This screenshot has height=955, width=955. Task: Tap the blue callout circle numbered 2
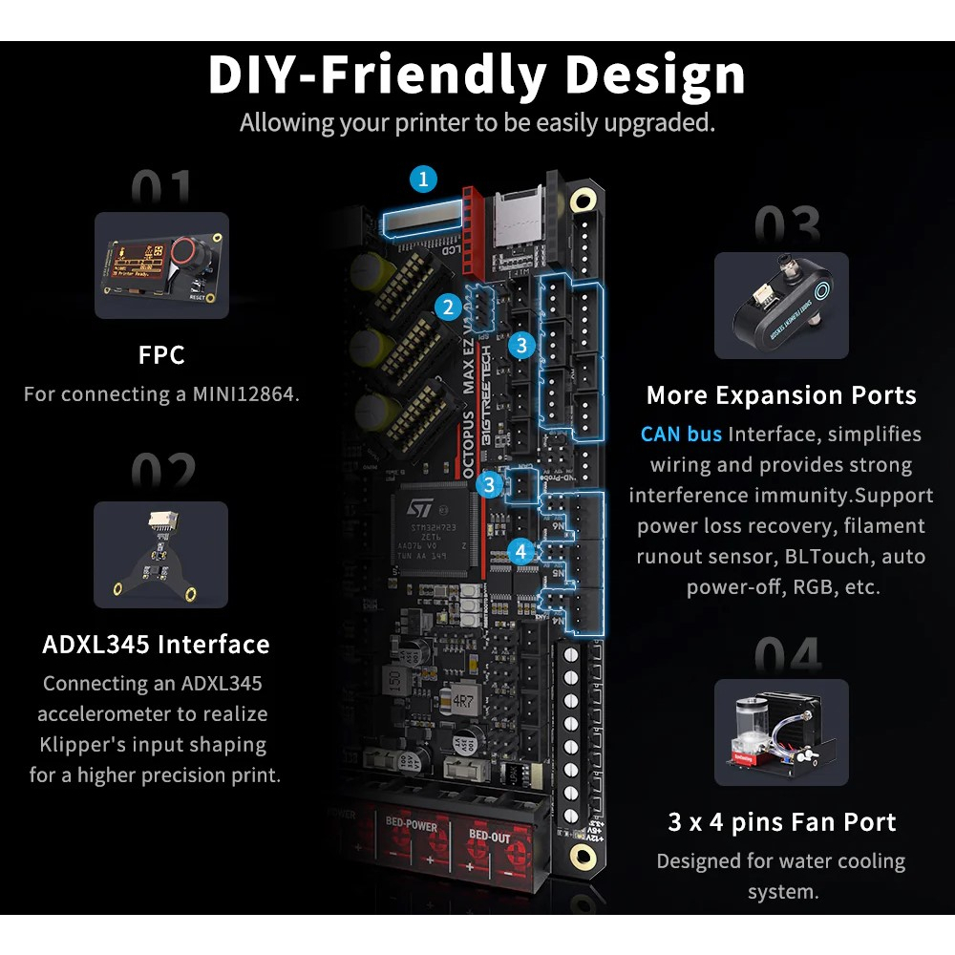coord(447,307)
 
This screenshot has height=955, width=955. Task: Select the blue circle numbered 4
coord(520,551)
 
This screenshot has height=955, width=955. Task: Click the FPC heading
coord(161,356)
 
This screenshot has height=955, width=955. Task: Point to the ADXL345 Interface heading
coord(156,644)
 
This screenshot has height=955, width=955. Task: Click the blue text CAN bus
coord(682,434)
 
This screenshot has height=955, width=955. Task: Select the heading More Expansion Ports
coord(781,395)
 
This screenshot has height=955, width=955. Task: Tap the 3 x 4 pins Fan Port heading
coord(782,822)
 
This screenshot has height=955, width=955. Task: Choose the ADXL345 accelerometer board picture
coord(161,557)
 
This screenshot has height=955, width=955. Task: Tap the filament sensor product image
coord(781,306)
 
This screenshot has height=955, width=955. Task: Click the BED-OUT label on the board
coord(488,836)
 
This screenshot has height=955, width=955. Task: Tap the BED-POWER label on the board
coord(412,823)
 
